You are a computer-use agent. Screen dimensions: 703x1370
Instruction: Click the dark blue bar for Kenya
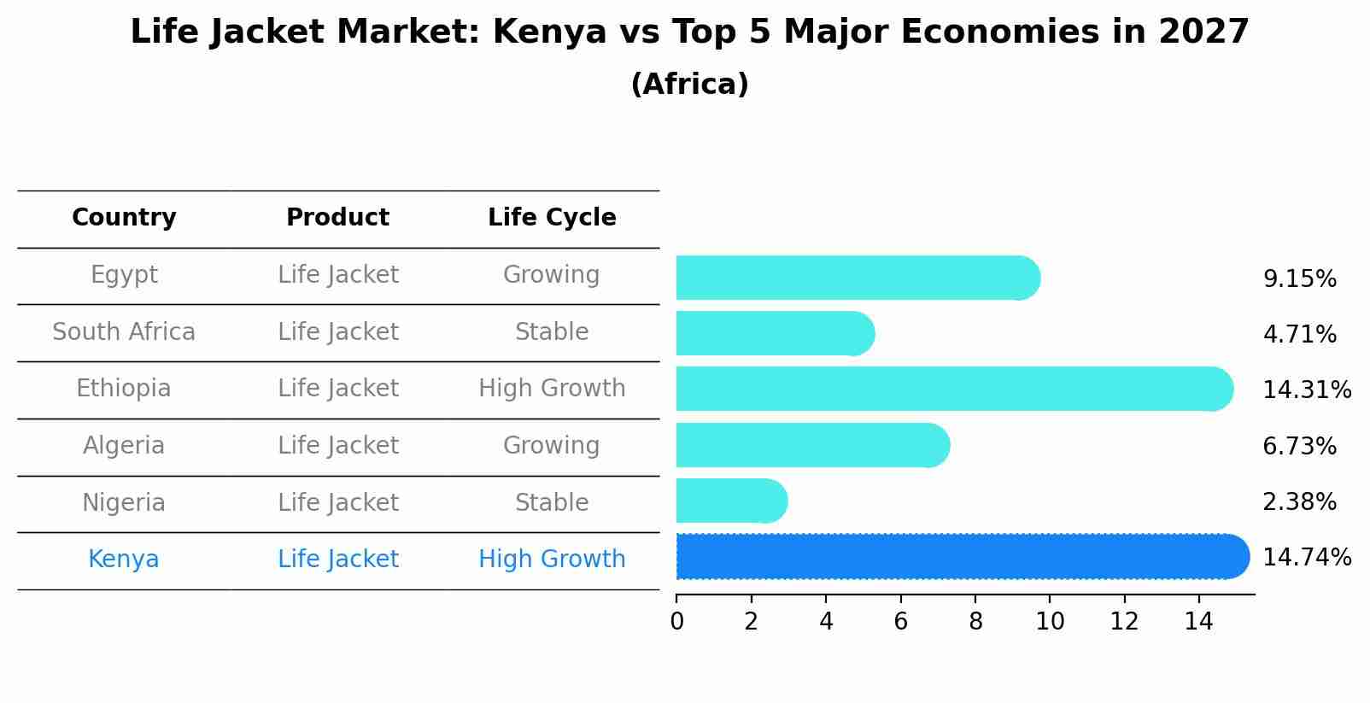click(961, 557)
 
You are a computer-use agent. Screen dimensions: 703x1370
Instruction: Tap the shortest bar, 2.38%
click(730, 501)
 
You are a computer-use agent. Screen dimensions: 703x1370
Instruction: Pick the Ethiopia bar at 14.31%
click(952, 390)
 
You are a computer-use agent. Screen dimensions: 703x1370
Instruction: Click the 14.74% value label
click(1306, 558)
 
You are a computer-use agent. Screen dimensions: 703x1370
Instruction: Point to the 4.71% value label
click(1299, 335)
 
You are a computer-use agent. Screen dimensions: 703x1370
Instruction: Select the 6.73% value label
click(1299, 446)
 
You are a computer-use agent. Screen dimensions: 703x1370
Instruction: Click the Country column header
click(124, 218)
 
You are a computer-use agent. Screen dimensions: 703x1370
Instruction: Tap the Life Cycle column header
click(552, 218)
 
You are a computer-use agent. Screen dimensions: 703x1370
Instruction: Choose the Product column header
click(337, 218)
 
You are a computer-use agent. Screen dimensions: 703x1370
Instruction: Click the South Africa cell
click(124, 332)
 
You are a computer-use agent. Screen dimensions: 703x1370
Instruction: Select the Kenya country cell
click(124, 559)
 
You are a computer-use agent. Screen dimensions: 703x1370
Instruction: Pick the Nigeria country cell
click(124, 503)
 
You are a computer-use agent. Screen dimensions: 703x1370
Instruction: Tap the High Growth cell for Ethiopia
click(552, 389)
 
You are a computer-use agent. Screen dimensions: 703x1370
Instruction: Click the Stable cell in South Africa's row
click(552, 332)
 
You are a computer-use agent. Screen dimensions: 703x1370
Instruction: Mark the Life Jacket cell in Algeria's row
click(337, 446)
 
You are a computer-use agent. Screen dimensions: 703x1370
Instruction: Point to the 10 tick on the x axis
click(1050, 622)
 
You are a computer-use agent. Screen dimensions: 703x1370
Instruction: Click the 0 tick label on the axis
click(676, 622)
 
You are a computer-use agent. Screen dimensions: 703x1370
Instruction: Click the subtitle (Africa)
click(689, 85)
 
